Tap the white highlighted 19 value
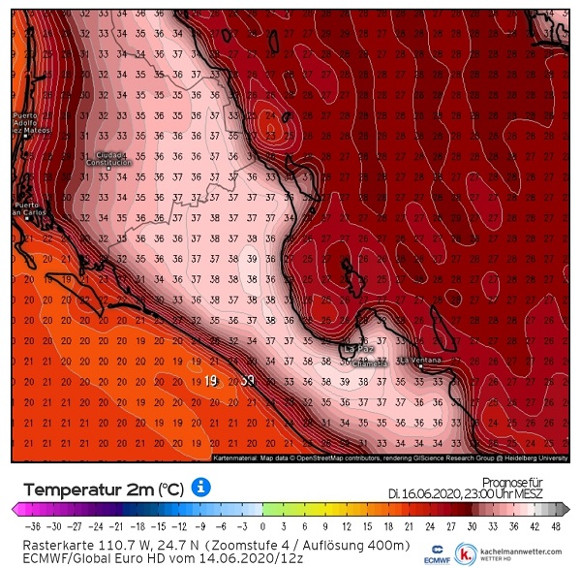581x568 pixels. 212,381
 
